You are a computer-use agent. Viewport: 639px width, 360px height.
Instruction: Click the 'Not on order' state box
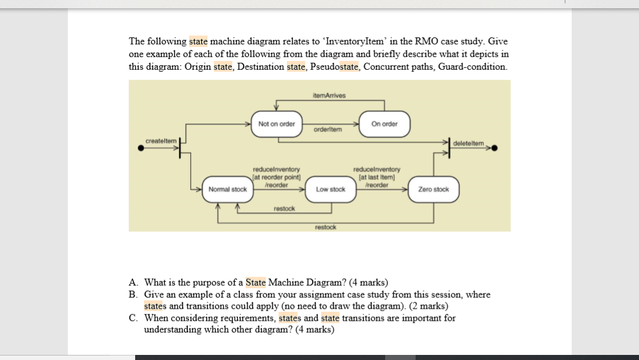pos(277,124)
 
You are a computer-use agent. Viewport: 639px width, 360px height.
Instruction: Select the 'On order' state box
pos(385,124)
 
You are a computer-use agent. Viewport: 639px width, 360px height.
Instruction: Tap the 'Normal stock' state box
pos(228,189)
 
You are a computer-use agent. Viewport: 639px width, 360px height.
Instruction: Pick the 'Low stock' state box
pos(331,189)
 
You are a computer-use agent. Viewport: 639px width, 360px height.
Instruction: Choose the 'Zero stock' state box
pos(433,189)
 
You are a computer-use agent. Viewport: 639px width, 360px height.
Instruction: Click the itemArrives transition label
pos(329,95)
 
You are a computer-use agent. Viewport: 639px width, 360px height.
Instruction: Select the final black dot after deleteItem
pos(494,149)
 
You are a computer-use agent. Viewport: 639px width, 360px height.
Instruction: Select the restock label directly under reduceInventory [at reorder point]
pos(284,208)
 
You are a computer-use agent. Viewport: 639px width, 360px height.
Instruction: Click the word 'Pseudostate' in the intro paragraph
pos(335,67)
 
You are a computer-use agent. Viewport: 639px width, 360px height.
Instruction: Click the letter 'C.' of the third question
pos(133,317)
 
